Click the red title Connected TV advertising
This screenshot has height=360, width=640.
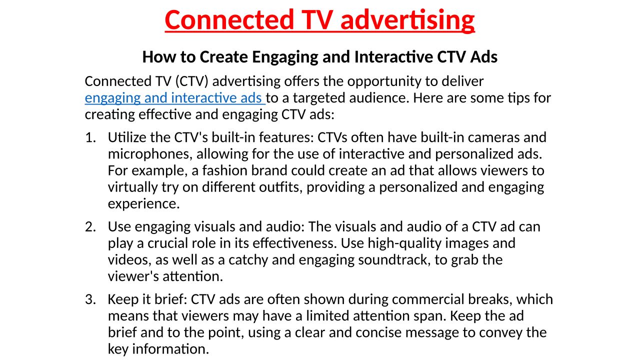(x=319, y=20)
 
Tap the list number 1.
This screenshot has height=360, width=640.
(x=90, y=137)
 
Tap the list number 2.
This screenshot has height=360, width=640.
(x=90, y=227)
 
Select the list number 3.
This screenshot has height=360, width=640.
(x=90, y=299)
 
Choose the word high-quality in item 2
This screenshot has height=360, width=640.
(x=404, y=243)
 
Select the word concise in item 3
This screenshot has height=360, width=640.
(x=378, y=333)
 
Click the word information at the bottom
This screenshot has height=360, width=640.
(x=170, y=349)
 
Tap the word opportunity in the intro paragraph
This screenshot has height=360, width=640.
(x=384, y=82)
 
